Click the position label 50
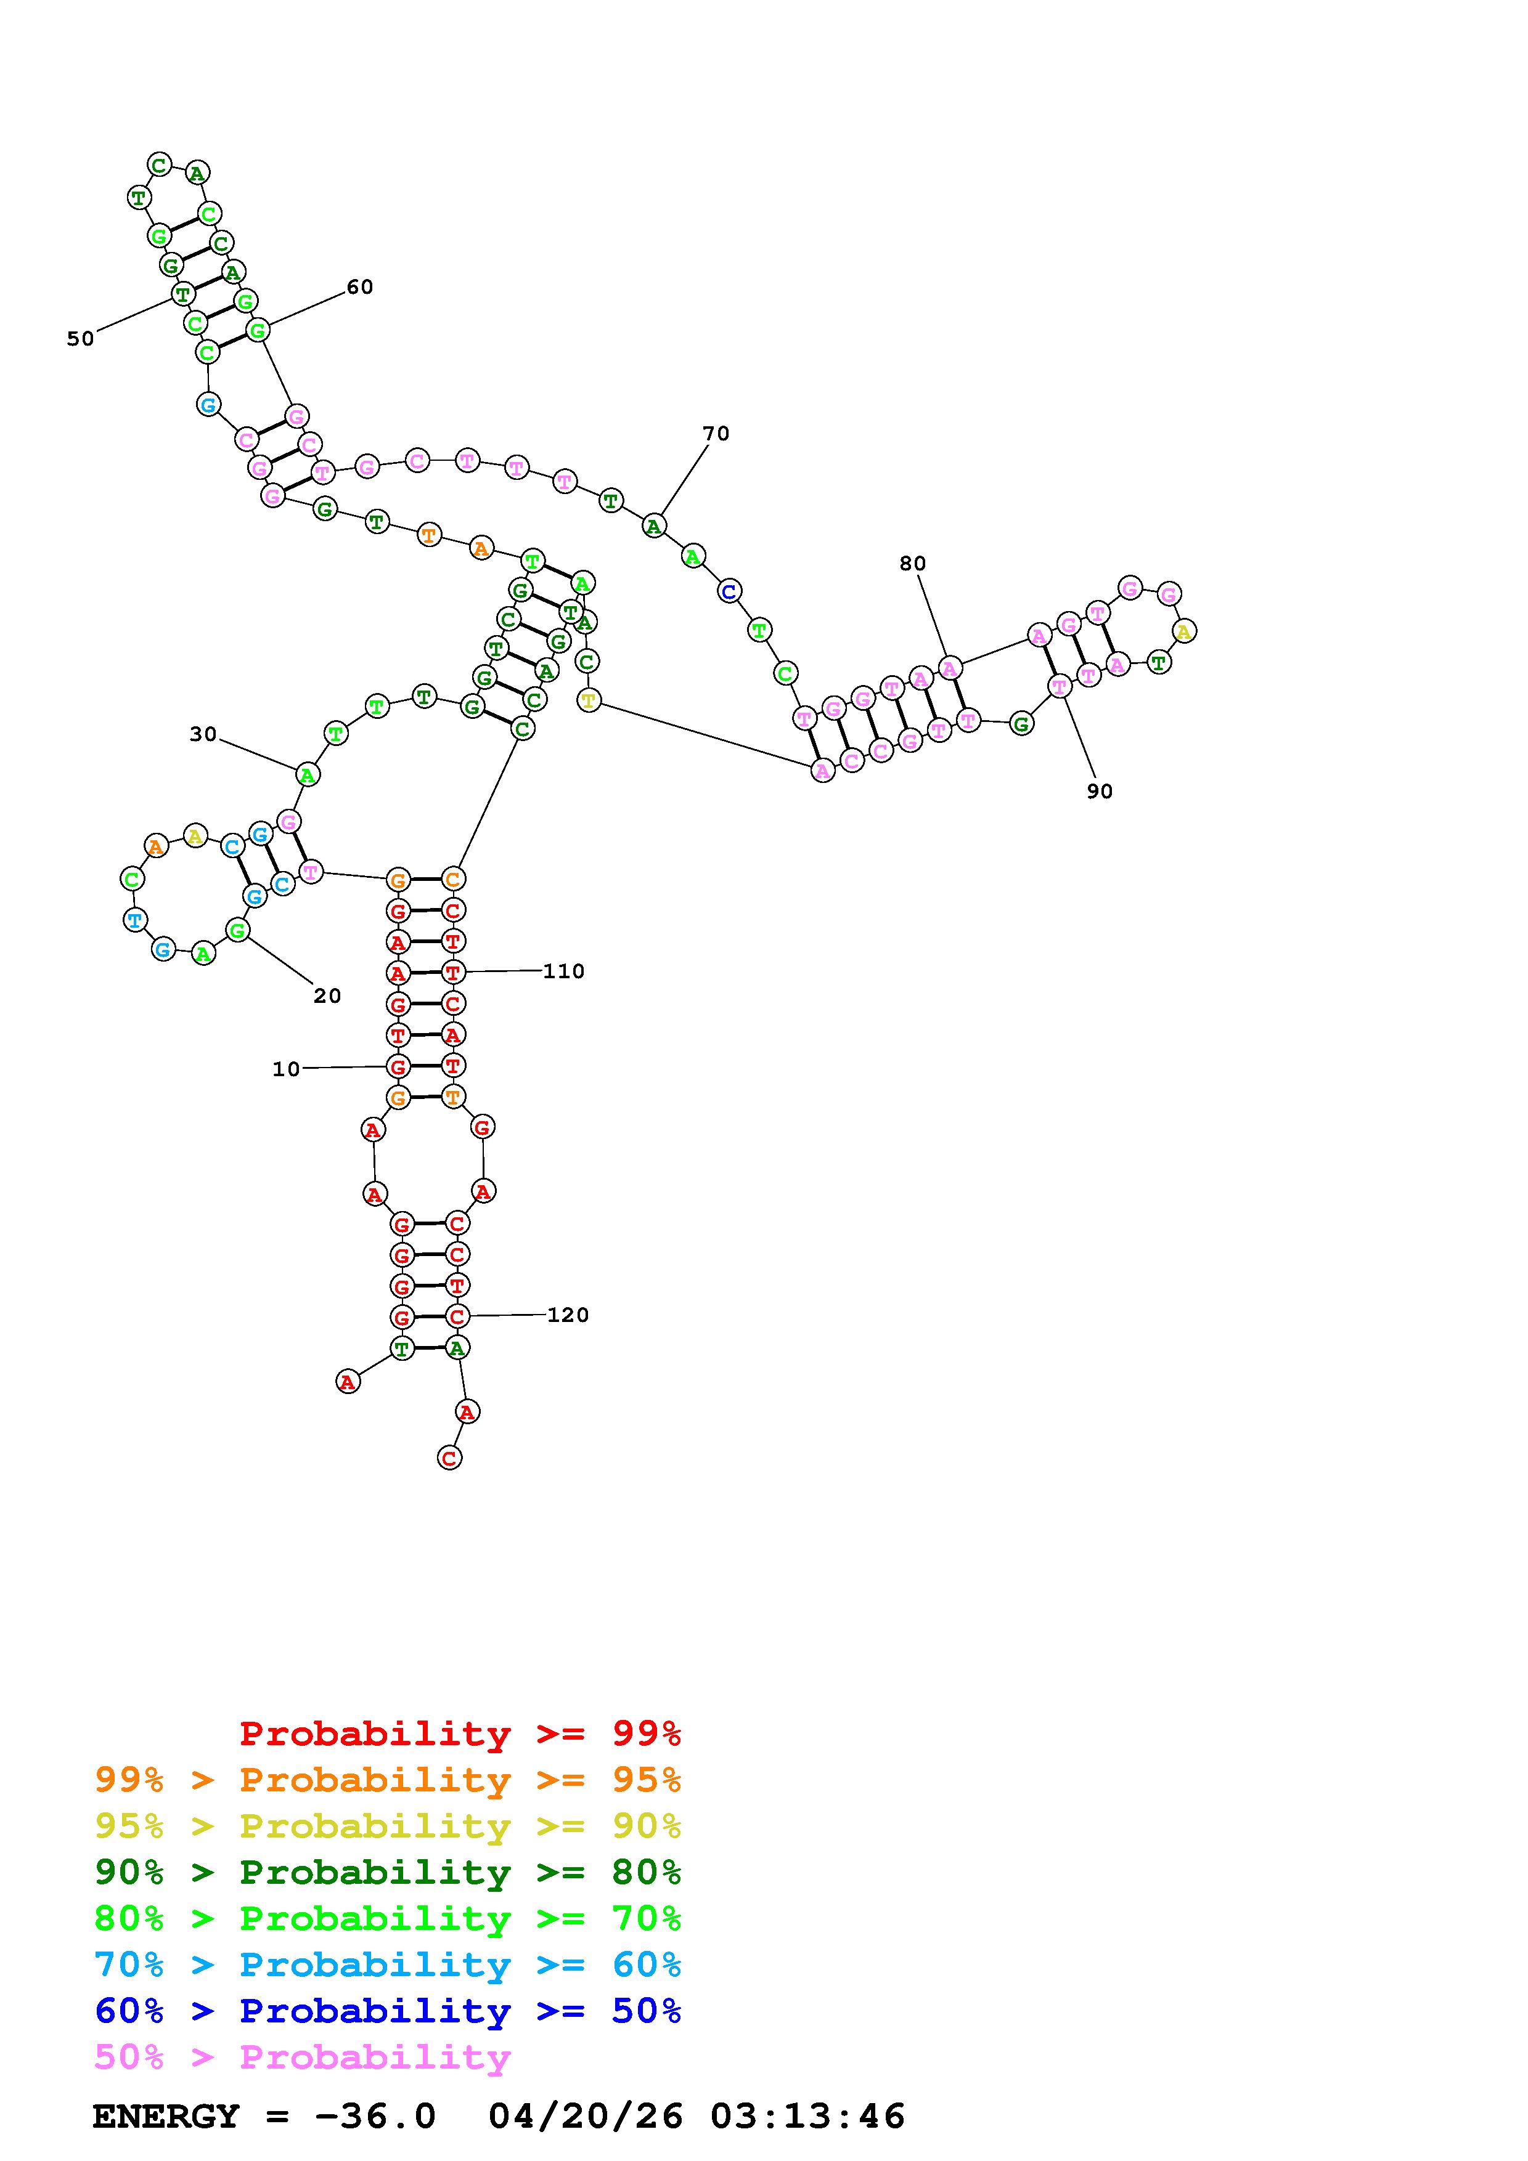point(80,339)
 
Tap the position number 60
point(359,287)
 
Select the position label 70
point(716,434)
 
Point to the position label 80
point(912,564)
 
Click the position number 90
point(1100,792)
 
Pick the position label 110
point(564,971)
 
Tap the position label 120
point(568,1315)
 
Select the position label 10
point(286,1069)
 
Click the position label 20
point(327,995)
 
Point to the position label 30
point(203,734)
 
